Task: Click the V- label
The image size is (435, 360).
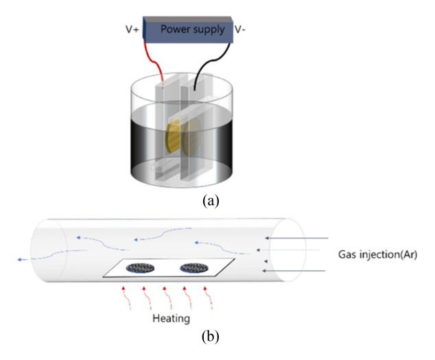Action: coord(243,30)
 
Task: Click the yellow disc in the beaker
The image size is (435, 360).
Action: coord(176,136)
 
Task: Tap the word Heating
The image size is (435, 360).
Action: coord(171,319)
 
